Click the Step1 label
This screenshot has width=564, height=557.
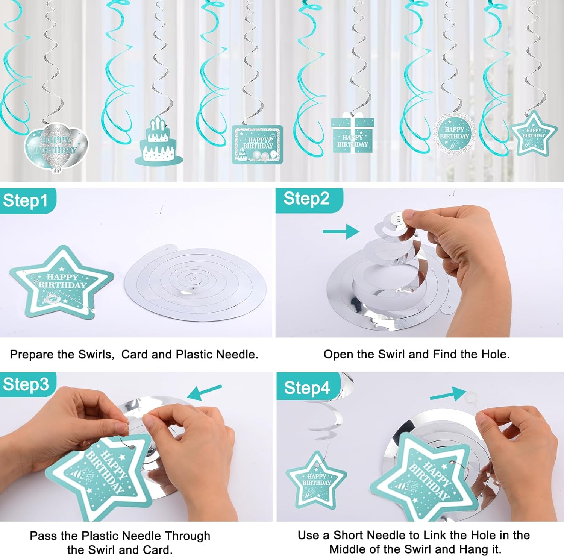(x=26, y=201)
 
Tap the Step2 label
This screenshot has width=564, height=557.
(x=306, y=199)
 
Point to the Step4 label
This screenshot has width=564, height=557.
(x=307, y=388)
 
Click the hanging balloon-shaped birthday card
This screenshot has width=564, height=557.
(x=56, y=147)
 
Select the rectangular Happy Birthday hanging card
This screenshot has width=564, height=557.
(x=258, y=145)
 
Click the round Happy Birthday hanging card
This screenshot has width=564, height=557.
(x=455, y=133)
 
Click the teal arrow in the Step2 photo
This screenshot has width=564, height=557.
(x=341, y=231)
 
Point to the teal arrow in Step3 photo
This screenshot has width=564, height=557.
(x=205, y=392)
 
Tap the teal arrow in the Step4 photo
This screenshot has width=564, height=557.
(x=448, y=394)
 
